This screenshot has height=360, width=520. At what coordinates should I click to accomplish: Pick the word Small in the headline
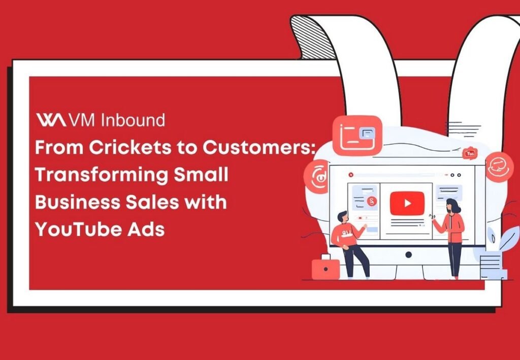201,175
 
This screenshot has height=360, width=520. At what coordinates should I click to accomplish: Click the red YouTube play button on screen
407,203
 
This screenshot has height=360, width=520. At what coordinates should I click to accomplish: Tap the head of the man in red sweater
343,217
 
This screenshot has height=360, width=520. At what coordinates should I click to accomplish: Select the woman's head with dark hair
453,206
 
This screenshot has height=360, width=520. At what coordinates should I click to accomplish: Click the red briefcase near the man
325,268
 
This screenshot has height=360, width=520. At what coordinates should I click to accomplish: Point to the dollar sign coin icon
373,202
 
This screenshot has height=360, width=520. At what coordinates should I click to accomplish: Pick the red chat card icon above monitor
357,135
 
